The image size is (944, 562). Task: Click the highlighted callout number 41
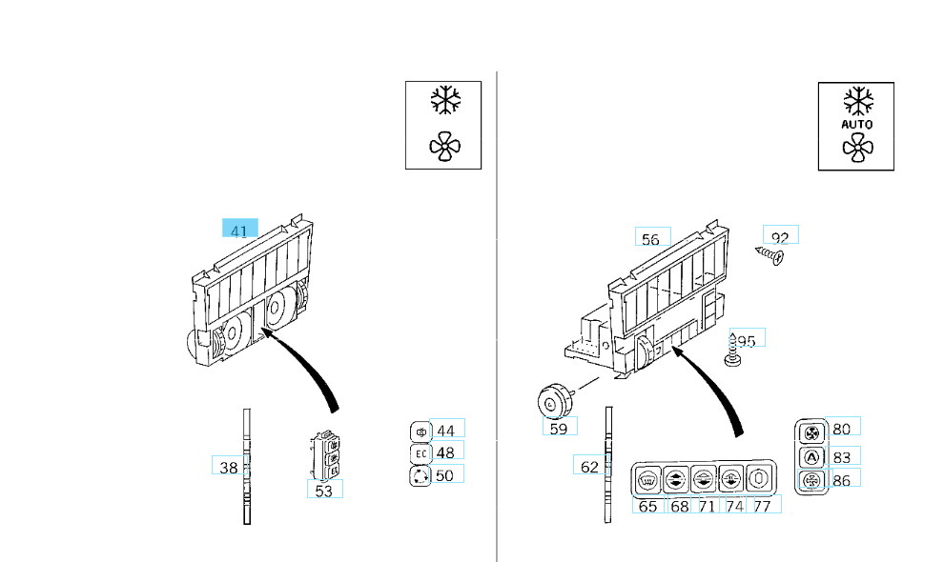[x=239, y=230]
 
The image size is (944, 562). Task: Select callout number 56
[x=651, y=238]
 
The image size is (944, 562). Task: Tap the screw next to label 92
[x=769, y=254]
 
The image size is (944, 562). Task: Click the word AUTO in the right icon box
[x=856, y=124]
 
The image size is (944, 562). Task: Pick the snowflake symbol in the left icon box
[x=443, y=101]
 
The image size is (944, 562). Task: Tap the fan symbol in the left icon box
[x=443, y=146]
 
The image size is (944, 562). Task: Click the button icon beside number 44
[x=421, y=431]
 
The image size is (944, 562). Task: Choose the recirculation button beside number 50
[x=421, y=474]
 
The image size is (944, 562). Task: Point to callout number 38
[x=228, y=467]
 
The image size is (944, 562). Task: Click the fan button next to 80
[x=811, y=432]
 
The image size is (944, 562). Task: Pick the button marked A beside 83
[x=811, y=456]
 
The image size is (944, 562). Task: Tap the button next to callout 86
[x=811, y=480]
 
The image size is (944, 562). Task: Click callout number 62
[x=589, y=467]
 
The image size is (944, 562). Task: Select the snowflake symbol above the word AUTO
[x=856, y=99]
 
